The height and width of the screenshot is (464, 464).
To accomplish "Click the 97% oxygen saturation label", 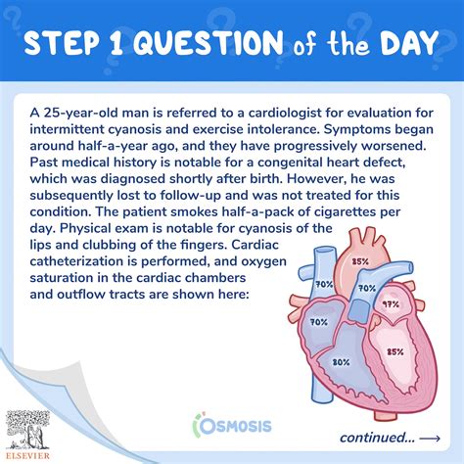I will [x=390, y=305].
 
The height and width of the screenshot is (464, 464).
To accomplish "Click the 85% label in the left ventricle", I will [x=396, y=351].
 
